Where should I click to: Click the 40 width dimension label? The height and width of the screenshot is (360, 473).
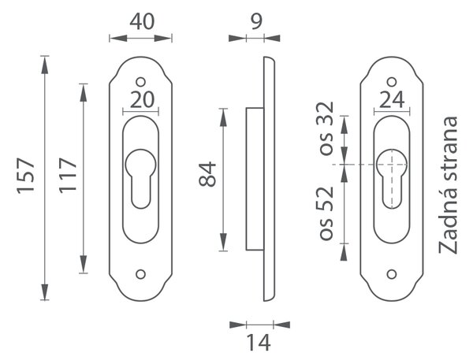[142, 22]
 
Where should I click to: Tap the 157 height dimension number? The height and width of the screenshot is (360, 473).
[26, 176]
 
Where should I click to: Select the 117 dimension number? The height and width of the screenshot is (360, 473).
[68, 176]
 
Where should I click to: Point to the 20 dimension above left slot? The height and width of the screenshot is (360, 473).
[142, 100]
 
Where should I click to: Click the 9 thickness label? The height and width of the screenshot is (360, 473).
[256, 21]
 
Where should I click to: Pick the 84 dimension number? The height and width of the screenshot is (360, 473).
[207, 175]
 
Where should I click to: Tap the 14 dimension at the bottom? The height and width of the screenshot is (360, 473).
[259, 343]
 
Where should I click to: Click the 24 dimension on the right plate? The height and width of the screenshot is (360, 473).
[392, 100]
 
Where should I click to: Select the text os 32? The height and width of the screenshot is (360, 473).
[326, 128]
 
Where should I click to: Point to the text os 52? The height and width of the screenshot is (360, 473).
[326, 213]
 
